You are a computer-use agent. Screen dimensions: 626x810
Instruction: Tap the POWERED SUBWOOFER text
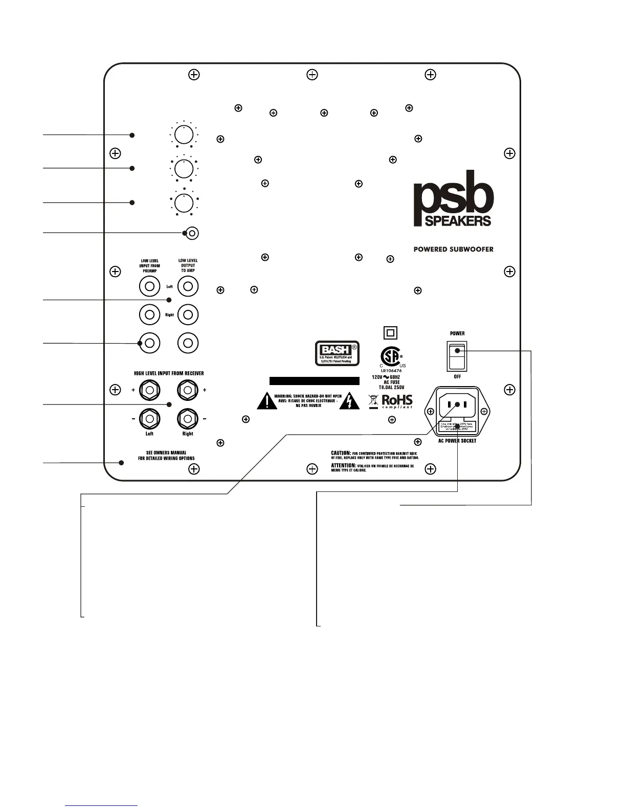click(453, 250)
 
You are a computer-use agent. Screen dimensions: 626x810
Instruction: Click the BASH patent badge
click(337, 353)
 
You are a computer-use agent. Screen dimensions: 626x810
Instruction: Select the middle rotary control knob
click(184, 168)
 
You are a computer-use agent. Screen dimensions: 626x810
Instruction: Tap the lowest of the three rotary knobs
click(184, 202)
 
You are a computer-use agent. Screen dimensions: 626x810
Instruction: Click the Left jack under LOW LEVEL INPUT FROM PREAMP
click(149, 286)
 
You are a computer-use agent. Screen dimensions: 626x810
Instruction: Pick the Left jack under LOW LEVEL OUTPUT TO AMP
click(188, 286)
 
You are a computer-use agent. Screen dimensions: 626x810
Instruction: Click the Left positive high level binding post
click(149, 391)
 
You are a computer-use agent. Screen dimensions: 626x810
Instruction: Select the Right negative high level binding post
click(188, 419)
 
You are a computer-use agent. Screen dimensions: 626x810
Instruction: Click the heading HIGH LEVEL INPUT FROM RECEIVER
click(169, 374)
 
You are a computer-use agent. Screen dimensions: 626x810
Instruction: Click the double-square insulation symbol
click(390, 333)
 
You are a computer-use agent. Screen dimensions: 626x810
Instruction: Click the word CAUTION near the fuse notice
click(341, 453)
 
